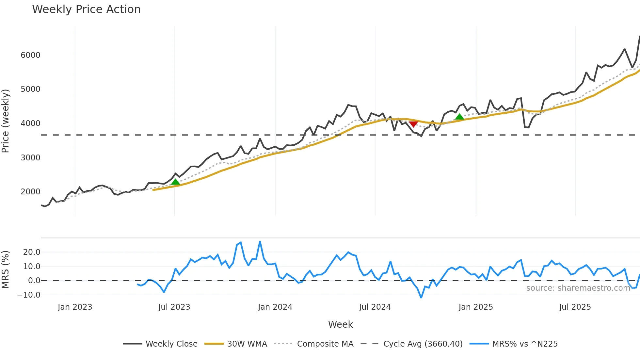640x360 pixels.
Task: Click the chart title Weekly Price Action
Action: (x=86, y=9)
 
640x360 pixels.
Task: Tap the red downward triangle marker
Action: (x=413, y=124)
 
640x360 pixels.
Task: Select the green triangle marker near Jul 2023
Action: (x=175, y=182)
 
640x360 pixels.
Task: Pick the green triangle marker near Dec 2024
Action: (x=459, y=117)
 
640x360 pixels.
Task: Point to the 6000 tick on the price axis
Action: (x=30, y=55)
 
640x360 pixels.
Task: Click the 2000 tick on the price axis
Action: (x=30, y=192)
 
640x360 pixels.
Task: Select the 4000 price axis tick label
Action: (x=30, y=123)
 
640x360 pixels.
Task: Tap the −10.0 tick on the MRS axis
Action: (x=29, y=295)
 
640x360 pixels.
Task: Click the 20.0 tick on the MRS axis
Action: (x=32, y=252)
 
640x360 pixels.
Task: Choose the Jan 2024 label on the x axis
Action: (x=275, y=307)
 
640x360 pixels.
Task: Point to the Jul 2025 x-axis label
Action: (x=575, y=307)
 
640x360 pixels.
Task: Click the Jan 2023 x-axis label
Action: (x=75, y=307)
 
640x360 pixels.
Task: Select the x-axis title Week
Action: (x=340, y=324)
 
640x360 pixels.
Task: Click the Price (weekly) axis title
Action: (x=6, y=121)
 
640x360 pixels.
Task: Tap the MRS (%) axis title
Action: (x=6, y=270)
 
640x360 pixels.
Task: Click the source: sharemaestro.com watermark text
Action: (x=578, y=288)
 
